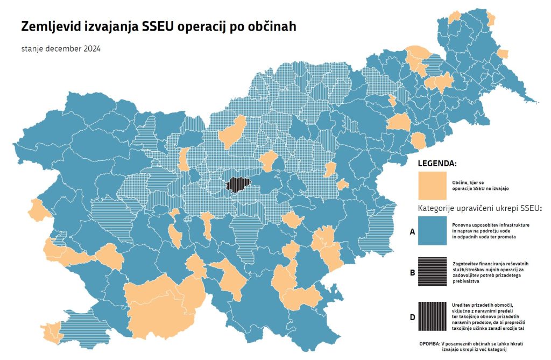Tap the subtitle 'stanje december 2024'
pos(61,48)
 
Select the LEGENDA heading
pos(437,163)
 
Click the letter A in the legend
pos(412,232)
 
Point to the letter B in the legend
pos(412,273)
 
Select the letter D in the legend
pos(412,317)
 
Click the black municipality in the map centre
pos(235,185)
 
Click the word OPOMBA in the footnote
pos(429,343)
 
